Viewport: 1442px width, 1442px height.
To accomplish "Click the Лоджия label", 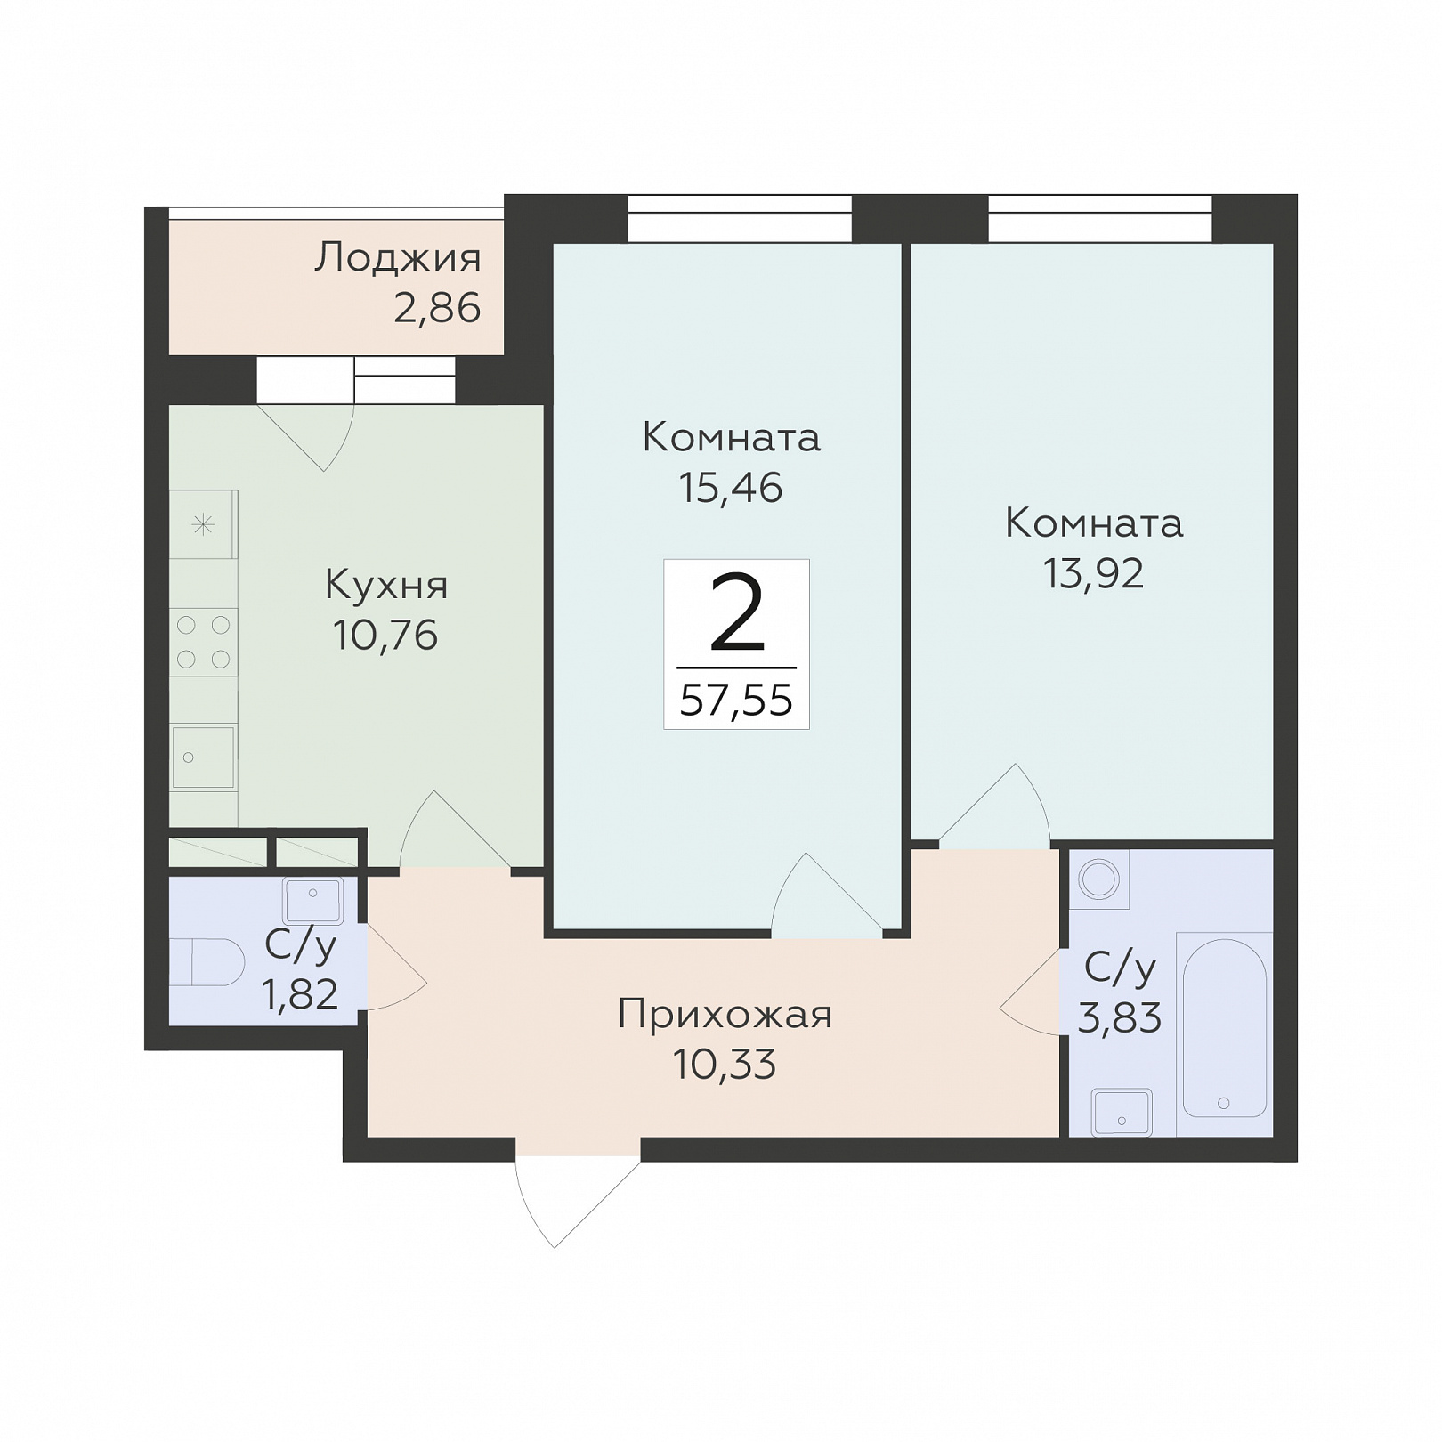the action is coord(398,258).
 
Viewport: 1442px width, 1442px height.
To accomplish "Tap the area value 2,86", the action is coord(437,308).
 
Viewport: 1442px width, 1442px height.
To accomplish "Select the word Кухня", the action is coord(386,586).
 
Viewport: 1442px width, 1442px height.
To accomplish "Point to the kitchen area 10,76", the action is coord(385,636).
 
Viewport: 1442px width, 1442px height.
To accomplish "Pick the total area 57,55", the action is coord(736,701).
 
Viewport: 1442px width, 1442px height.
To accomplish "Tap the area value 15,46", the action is coord(731,488).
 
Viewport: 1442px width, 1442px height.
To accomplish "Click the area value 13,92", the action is coord(1093,574).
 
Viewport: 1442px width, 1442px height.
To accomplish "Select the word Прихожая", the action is coord(725,1015).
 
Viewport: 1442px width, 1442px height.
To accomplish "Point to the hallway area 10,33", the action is coord(725,1065).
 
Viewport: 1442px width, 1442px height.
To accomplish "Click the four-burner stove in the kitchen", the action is coord(204,643).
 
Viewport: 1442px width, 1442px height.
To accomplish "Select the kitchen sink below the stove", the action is coord(203,757).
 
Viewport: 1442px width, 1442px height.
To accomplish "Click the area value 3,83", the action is coord(1120,1017).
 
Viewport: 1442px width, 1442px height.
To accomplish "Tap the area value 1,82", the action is coord(300,993).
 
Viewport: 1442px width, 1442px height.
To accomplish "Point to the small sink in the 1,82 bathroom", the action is coord(312,901).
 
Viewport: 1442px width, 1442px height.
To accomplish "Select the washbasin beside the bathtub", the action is coord(1122,1113).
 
